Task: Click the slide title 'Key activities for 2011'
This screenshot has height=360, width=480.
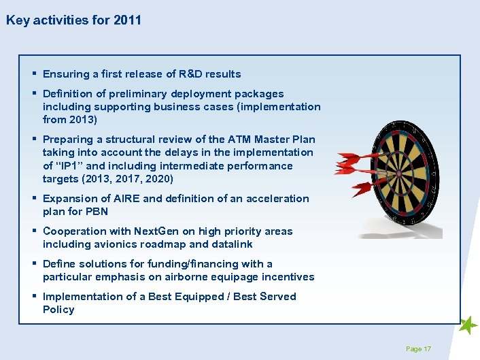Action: click(73, 20)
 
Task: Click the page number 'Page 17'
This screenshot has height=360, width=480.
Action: click(418, 349)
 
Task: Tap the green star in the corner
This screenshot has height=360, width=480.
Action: click(468, 326)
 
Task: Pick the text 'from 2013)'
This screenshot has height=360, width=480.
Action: click(70, 120)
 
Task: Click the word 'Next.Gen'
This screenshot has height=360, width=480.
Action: click(154, 231)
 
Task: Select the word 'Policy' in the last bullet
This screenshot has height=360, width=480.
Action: click(58, 310)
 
